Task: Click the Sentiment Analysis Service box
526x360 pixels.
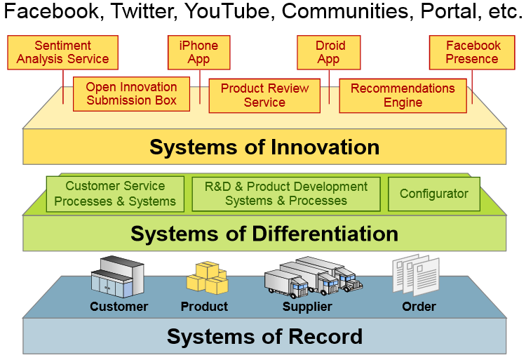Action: [x=62, y=53]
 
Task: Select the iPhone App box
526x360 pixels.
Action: [x=199, y=53]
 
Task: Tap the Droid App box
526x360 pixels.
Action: [x=329, y=53]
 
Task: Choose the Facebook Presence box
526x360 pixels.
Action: [x=472, y=53]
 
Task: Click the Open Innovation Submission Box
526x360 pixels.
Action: [x=132, y=94]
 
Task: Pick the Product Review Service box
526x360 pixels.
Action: [x=264, y=95]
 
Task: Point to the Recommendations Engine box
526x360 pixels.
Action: [x=403, y=95]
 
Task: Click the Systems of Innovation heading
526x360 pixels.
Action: [x=264, y=147]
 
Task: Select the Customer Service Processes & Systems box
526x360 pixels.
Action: [x=115, y=194]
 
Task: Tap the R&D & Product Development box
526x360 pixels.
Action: [x=286, y=194]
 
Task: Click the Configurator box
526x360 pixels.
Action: [x=434, y=194]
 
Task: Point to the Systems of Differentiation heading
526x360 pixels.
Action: [x=264, y=234]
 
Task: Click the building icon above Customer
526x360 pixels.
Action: [x=117, y=277]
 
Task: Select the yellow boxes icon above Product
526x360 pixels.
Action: [x=208, y=278]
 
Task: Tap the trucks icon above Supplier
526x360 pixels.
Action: [x=313, y=277]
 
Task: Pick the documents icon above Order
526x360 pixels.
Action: [x=416, y=275]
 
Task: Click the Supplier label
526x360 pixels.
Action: [x=307, y=307]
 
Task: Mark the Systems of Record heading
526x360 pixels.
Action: [x=264, y=337]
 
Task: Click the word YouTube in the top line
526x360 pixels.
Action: [x=227, y=11]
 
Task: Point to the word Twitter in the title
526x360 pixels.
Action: [x=142, y=12]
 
